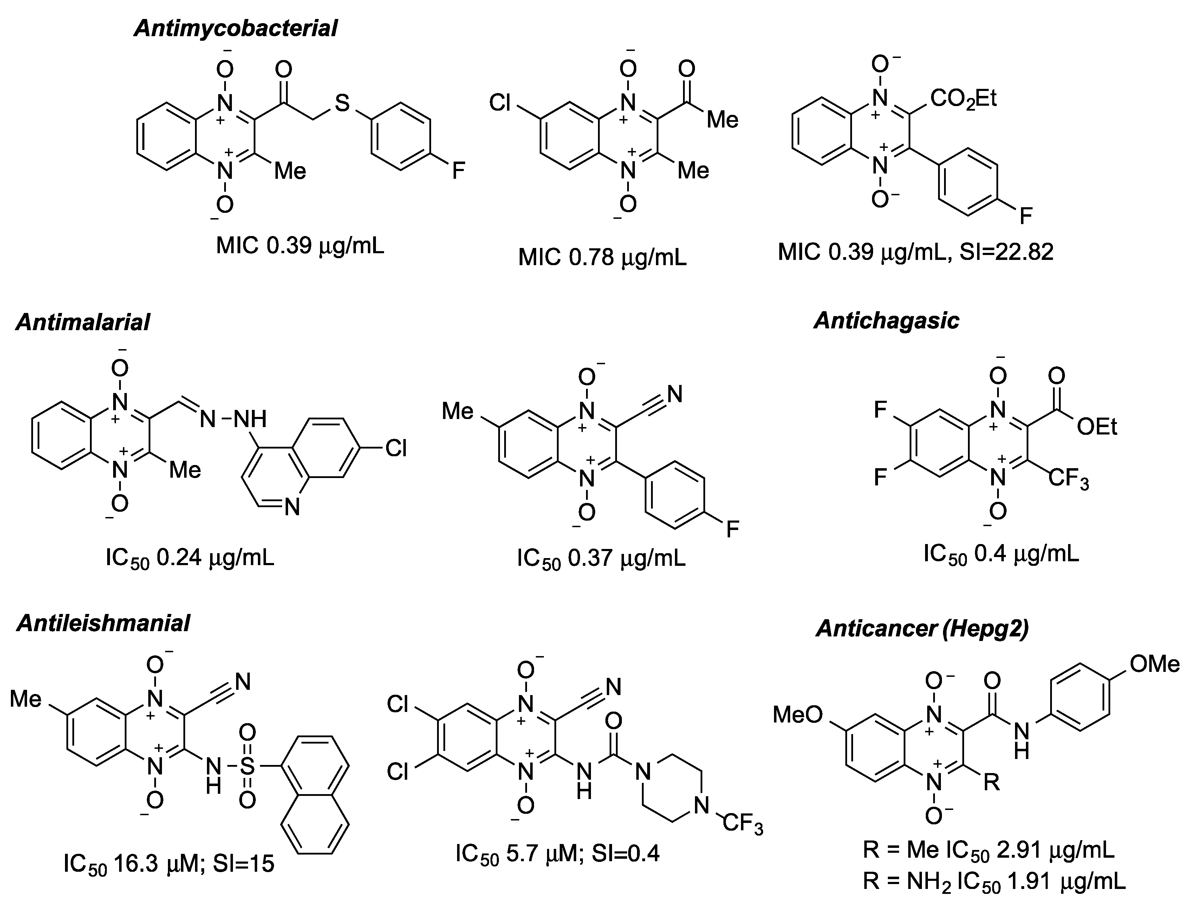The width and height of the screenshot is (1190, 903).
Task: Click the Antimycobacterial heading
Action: click(236, 28)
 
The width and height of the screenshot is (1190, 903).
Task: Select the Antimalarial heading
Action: click(83, 322)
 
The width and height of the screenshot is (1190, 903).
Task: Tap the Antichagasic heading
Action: click(886, 321)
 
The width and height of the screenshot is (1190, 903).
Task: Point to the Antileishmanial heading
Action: click(103, 623)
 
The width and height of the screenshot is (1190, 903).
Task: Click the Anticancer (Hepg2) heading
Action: click(922, 628)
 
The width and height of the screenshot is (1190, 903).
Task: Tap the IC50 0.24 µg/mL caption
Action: click(190, 558)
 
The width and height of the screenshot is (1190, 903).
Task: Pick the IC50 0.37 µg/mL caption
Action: click(601, 558)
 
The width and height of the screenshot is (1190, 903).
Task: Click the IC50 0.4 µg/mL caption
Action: click(1001, 554)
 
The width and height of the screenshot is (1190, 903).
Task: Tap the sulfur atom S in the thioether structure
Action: click(342, 103)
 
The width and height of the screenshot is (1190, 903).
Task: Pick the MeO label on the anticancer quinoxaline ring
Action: click(798, 714)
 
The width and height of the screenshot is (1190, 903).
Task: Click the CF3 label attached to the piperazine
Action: click(743, 824)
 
